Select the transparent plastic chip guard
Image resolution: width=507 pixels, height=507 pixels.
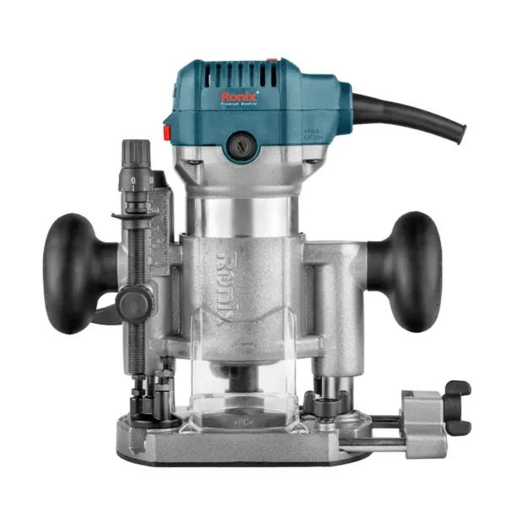(x=245, y=380)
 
